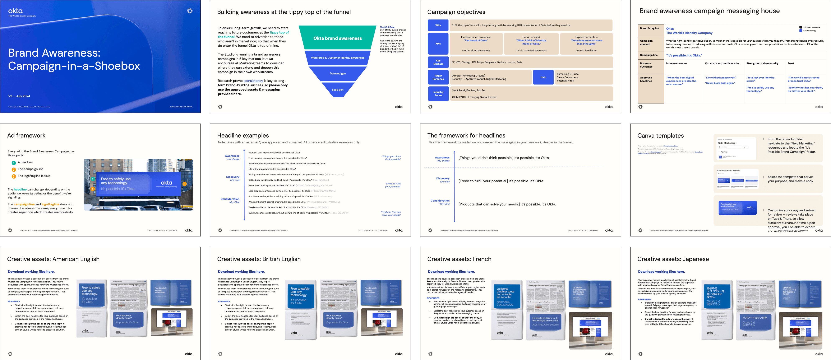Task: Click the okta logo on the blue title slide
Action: click(x=15, y=11)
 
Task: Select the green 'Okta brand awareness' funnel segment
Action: click(x=337, y=38)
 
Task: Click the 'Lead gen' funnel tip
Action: click(x=337, y=90)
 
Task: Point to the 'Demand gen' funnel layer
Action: click(x=337, y=74)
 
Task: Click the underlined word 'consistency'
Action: click(x=254, y=81)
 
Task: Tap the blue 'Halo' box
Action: click(x=543, y=77)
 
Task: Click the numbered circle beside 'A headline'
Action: click(x=14, y=163)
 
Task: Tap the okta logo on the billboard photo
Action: click(x=166, y=183)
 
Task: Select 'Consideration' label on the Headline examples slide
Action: click(x=230, y=199)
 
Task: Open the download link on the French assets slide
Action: click(x=451, y=272)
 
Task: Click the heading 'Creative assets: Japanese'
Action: click(x=673, y=259)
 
